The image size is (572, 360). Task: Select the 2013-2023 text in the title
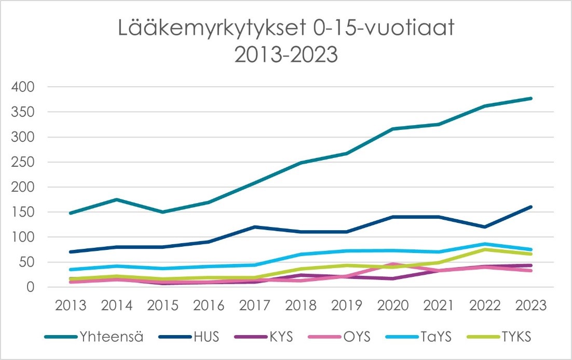286,55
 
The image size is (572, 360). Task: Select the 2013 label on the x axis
70,306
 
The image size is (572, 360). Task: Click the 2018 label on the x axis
301,306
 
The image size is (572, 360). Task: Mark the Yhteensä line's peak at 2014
116,199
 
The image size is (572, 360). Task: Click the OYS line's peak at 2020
393,264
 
